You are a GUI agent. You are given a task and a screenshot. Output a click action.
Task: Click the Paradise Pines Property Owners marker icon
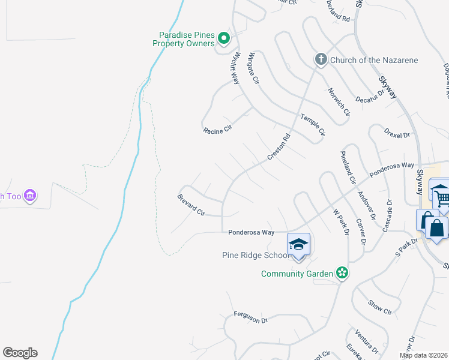223,39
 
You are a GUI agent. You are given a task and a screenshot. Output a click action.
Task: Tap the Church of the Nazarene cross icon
321,59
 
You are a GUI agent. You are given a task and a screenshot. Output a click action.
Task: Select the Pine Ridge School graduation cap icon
298,244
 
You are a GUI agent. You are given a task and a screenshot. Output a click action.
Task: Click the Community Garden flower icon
342,273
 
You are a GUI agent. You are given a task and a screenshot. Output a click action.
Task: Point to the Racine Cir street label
217,130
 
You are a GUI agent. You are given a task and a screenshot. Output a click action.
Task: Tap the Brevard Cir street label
191,205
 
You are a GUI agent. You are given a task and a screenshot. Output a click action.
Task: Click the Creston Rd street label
279,146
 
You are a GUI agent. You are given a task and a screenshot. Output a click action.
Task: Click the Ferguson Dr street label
250,317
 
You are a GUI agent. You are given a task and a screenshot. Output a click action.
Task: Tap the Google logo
20,353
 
